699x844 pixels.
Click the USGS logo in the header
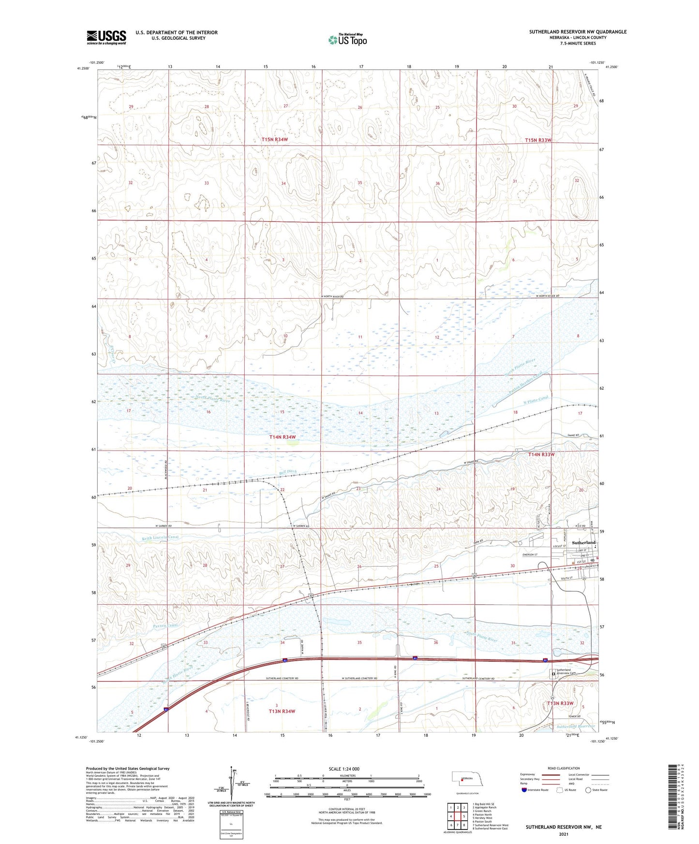point(106,37)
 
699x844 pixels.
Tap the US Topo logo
point(347,40)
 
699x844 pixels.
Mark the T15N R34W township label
point(275,140)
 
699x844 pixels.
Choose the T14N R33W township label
point(541,454)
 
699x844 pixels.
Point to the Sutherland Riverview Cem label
point(566,672)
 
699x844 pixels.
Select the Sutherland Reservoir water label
point(575,727)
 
